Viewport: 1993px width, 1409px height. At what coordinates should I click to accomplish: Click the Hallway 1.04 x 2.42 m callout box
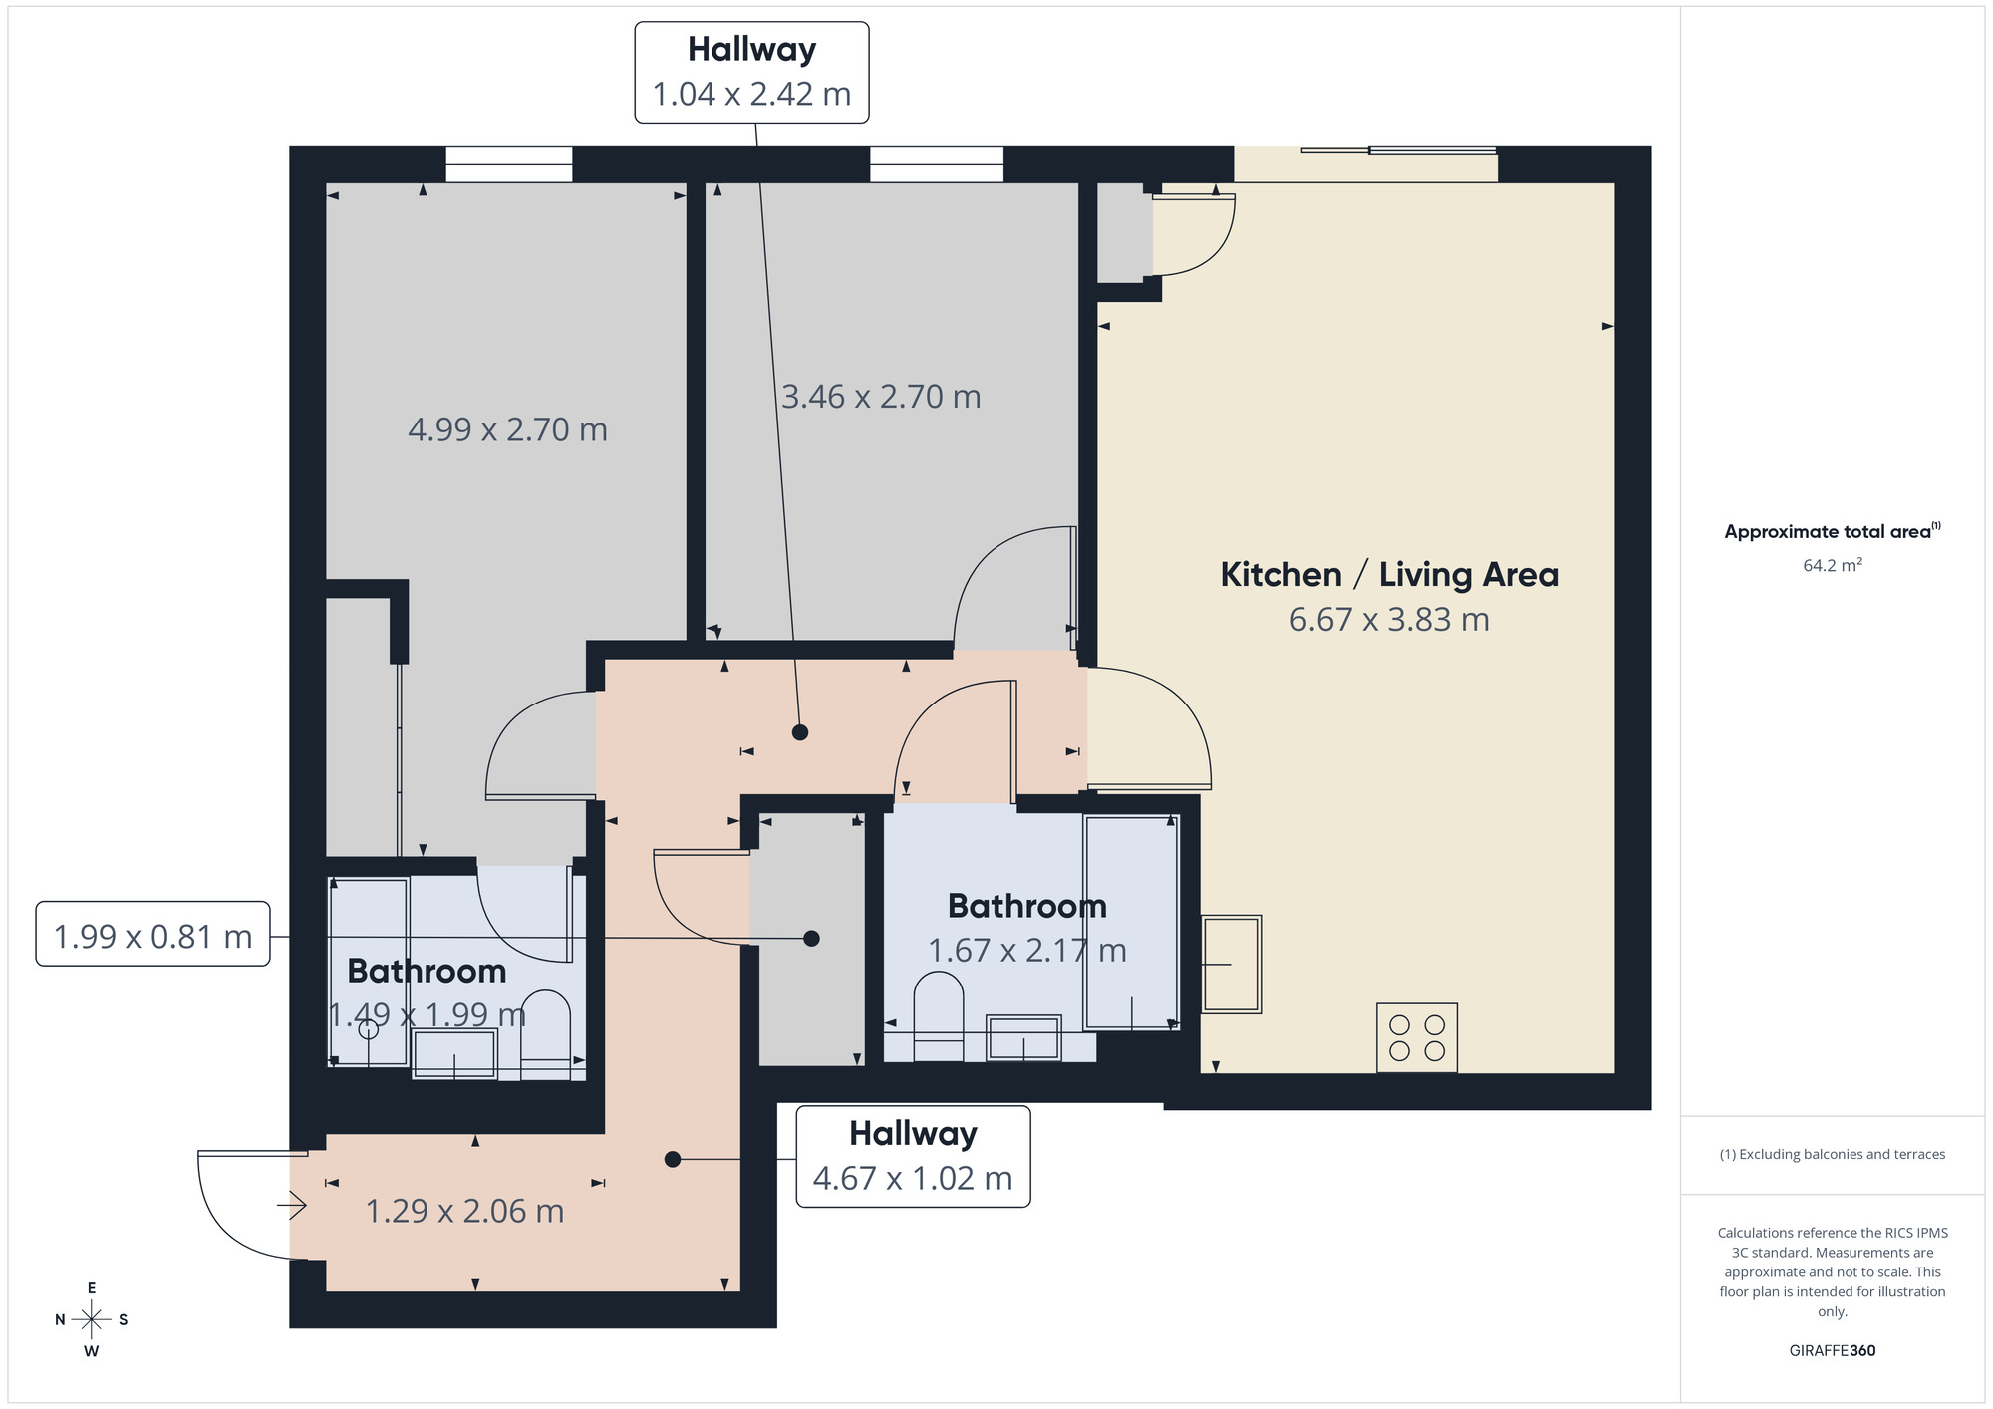(751, 72)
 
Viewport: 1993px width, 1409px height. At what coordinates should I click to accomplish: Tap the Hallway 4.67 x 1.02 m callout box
(912, 1156)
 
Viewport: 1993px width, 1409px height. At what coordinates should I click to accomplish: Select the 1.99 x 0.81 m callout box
(152, 935)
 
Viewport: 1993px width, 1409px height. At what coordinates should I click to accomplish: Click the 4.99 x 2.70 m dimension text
(507, 429)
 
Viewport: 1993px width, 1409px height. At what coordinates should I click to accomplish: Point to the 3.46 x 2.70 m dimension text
(881, 397)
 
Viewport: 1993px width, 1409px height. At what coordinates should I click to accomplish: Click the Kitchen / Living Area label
(1388, 575)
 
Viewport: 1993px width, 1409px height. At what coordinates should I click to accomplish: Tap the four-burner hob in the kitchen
(1416, 1037)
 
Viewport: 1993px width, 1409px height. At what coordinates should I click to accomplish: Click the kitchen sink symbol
(1232, 964)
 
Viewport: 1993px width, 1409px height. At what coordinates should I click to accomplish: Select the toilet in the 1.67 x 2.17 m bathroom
(938, 1013)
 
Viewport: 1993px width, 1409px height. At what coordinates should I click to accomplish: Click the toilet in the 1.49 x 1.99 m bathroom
(545, 1031)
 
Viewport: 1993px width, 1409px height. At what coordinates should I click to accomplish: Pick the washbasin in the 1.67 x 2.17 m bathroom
(1023, 1038)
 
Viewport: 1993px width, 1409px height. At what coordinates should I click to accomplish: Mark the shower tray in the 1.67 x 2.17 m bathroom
(1131, 922)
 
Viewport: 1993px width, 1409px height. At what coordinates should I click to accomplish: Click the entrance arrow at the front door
(292, 1206)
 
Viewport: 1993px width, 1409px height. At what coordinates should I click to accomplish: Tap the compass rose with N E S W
(92, 1320)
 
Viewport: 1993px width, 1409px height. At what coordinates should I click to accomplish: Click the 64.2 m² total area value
(1832, 565)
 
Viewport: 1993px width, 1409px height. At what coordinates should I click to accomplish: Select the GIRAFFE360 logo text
(1832, 1350)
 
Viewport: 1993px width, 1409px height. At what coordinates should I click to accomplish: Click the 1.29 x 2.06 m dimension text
(464, 1211)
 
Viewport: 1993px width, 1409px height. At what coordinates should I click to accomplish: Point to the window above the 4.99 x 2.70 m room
(508, 164)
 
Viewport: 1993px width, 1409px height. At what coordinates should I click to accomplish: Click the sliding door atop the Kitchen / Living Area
(1398, 151)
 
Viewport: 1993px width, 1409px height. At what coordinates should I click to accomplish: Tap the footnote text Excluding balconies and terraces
(1832, 1154)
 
